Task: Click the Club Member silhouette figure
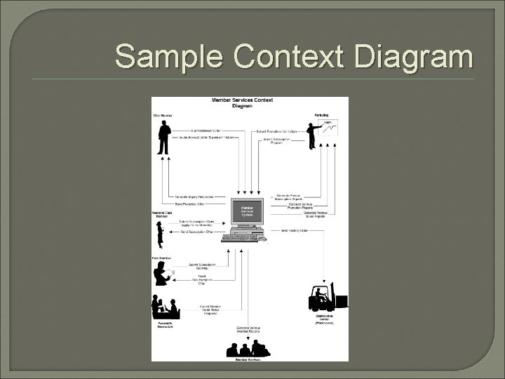point(163,137)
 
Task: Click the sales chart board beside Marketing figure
point(328,126)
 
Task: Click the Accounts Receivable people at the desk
point(166,307)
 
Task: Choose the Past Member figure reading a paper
point(162,274)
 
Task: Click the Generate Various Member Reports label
point(246,330)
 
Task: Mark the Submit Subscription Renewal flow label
point(201,266)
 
